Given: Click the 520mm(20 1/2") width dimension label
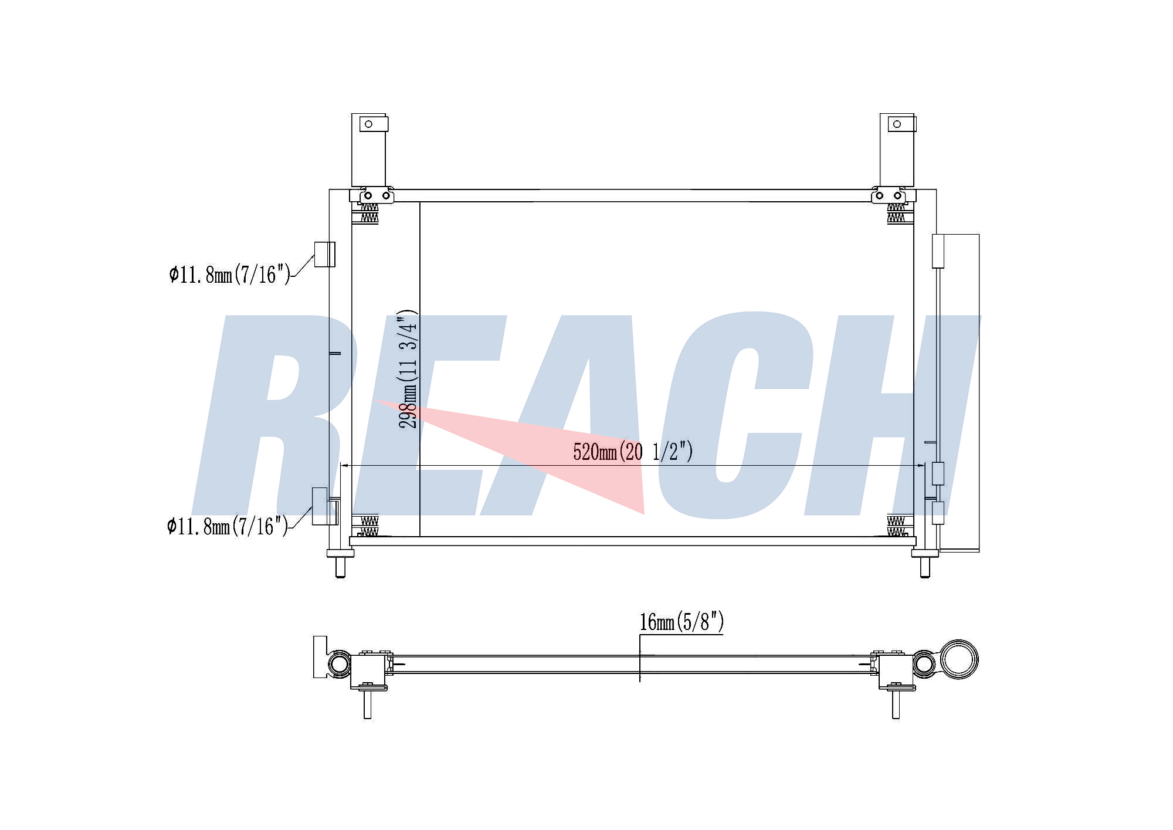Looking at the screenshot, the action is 633,452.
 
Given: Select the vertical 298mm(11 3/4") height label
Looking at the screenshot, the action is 408,369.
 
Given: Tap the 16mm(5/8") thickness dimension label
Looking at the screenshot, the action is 682,622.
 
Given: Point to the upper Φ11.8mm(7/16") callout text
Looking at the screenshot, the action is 230,275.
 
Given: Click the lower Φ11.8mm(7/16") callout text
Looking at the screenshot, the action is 228,526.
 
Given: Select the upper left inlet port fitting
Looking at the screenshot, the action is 324,254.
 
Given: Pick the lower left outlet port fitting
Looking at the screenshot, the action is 324,506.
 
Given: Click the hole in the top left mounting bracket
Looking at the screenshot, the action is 369,124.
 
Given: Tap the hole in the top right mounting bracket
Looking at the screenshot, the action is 897,124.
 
